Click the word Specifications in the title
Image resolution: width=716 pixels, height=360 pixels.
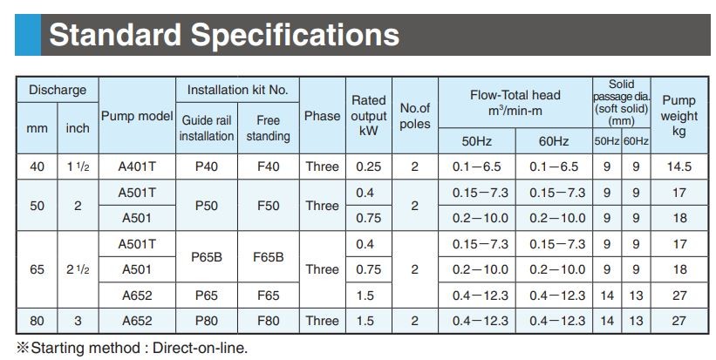[x=295, y=36]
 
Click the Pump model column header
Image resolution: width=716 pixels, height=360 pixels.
[x=137, y=116]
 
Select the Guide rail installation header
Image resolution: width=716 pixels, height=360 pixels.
[x=207, y=128]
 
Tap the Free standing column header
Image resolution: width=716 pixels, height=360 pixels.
[x=268, y=128]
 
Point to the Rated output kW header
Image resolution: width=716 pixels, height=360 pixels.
[x=369, y=115]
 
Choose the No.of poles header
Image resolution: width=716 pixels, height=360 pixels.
[x=414, y=116]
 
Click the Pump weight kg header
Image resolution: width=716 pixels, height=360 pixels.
[x=679, y=116]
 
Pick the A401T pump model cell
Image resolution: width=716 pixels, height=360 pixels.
[x=137, y=166]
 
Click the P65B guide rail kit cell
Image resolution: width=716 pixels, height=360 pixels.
[x=207, y=257]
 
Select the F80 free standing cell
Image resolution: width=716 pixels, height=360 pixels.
[x=268, y=321]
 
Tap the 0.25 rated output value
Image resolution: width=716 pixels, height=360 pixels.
[x=369, y=166]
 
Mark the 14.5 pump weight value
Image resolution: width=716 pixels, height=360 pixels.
[x=679, y=166]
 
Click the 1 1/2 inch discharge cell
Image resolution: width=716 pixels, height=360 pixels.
[x=78, y=166]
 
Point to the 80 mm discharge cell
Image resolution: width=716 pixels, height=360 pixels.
[x=37, y=321]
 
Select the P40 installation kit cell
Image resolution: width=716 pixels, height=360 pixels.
[x=207, y=166]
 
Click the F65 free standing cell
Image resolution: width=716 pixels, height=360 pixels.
[x=268, y=295]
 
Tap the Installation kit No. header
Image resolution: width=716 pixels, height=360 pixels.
[x=237, y=90]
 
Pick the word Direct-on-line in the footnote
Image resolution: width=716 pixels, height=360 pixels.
[x=200, y=348]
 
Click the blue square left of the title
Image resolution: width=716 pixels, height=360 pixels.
[x=28, y=35]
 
